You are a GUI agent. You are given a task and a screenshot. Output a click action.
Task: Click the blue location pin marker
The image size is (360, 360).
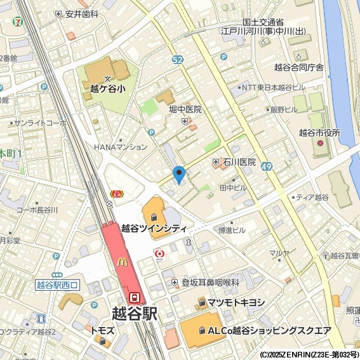coord(179,173)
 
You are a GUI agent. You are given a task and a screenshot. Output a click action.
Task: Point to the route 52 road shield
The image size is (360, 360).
coord(178,59)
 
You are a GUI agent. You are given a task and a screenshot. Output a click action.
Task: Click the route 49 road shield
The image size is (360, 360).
coord(267,166)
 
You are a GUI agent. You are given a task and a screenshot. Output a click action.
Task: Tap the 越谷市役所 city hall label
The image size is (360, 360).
coord(319,133)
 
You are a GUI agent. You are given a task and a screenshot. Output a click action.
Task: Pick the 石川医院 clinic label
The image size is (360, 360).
coord(239,163)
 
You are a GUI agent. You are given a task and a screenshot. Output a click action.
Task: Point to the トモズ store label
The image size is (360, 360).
coord(102,331)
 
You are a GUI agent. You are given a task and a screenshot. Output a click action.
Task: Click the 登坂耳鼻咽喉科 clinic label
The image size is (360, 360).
coord(210,282)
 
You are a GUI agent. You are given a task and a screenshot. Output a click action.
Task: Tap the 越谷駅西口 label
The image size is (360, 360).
coord(57,285)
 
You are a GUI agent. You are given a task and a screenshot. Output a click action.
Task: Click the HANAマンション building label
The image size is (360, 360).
coord(121,147)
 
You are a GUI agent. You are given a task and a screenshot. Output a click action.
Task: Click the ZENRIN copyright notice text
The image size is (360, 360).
coord(309,354)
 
